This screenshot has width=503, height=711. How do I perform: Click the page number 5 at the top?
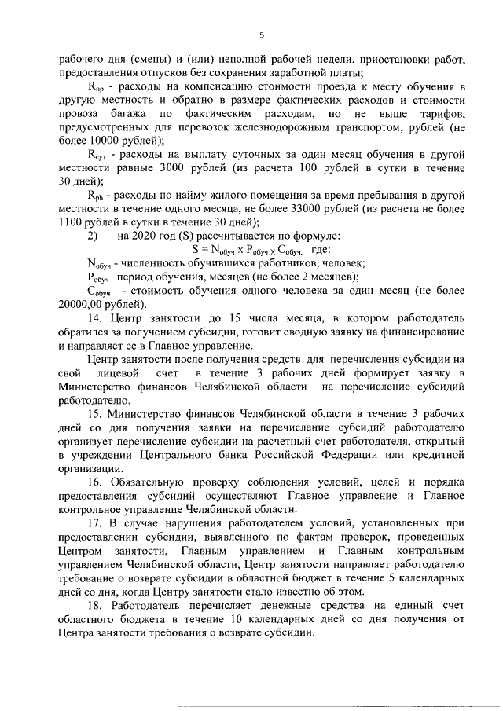pyautogui.click(x=261, y=34)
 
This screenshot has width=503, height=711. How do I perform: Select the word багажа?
pyautogui.click(x=141, y=113)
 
